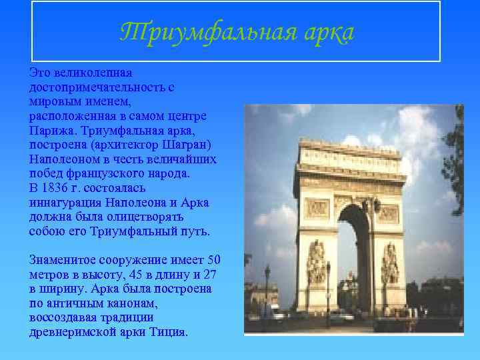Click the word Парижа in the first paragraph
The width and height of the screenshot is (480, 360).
(x=49, y=130)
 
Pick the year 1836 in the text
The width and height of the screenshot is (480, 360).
(x=57, y=189)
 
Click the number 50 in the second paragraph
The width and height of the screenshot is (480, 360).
(x=214, y=260)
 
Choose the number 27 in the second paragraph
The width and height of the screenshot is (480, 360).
(x=211, y=275)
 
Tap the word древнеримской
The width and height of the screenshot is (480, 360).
(x=69, y=333)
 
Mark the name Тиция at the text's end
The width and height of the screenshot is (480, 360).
(x=172, y=333)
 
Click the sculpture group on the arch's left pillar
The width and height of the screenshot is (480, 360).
(x=316, y=263)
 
